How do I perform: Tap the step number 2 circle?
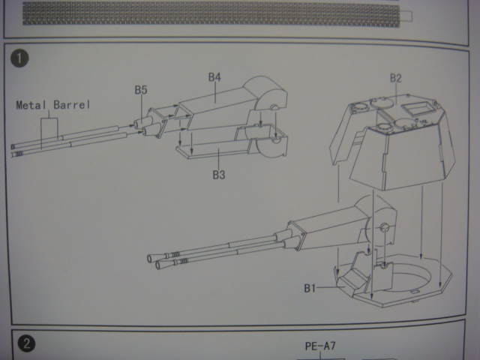click(x=25, y=344)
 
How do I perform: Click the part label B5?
click(x=141, y=91)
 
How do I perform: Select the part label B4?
click(x=214, y=77)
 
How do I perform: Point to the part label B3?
click(x=219, y=175)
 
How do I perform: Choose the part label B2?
click(x=396, y=79)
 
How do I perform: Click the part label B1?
click(x=313, y=287)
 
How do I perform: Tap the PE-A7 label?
click(x=320, y=346)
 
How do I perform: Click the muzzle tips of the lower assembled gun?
click(x=159, y=260)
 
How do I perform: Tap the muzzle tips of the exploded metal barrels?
click(x=16, y=149)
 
